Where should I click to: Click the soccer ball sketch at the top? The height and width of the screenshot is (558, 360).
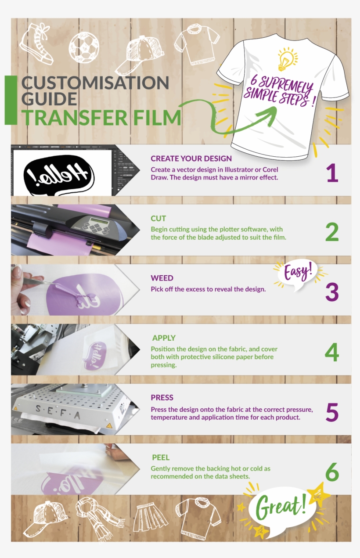click(83, 47)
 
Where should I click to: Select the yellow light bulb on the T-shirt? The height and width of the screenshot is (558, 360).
click(287, 60)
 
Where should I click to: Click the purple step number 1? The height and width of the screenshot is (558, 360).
click(332, 173)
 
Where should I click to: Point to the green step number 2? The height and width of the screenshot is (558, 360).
click(332, 233)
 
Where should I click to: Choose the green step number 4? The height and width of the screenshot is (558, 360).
click(332, 353)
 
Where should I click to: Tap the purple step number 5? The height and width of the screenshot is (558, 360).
click(332, 412)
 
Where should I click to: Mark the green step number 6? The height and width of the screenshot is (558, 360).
click(332, 472)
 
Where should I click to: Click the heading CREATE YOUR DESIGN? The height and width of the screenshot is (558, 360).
click(191, 158)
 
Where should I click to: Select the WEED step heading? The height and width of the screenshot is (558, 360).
click(162, 278)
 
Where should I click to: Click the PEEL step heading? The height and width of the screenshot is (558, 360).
click(161, 457)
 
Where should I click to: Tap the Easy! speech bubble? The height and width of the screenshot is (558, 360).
click(298, 274)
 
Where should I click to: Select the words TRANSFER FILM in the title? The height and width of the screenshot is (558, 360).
click(101, 118)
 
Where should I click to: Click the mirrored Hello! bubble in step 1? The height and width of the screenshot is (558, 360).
click(58, 174)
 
